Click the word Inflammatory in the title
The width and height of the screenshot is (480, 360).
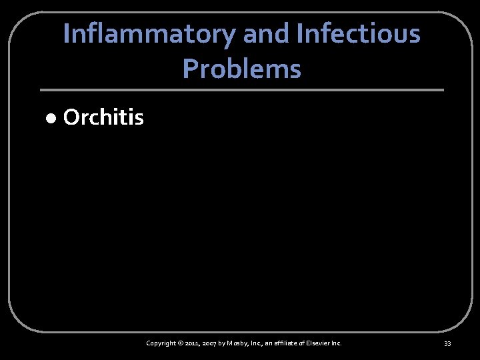click(x=151, y=34)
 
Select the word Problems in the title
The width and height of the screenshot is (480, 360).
click(x=241, y=68)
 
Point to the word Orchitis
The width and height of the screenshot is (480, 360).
click(x=103, y=118)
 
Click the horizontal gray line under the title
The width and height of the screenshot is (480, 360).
click(x=241, y=90)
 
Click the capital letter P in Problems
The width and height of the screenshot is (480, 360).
click(x=189, y=68)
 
